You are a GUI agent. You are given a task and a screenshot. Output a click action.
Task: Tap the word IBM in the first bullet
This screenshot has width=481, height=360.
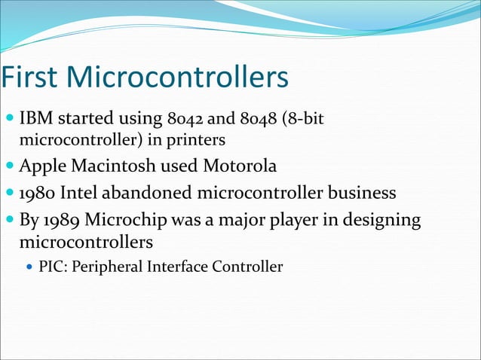point(35,119)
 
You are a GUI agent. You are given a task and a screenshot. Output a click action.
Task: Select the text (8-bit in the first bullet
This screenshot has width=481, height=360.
point(305,119)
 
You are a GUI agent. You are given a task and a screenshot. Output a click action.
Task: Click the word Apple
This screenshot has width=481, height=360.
point(44,166)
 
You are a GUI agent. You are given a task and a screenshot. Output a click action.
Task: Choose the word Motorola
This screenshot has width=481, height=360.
point(238,166)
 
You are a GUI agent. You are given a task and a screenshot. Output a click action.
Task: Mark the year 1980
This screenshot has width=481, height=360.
point(39,193)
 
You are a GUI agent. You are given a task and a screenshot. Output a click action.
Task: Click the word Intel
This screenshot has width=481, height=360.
point(84,193)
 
